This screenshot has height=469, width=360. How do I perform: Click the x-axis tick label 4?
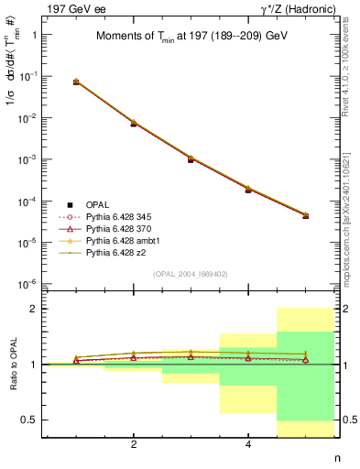pyautogui.click(x=248, y=446)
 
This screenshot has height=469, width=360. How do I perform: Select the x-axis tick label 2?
pyautogui.click(x=134, y=446)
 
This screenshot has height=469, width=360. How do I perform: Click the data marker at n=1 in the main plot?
pyautogui.click(x=76, y=82)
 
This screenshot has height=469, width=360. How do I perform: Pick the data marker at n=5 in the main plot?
pyautogui.click(x=305, y=216)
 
